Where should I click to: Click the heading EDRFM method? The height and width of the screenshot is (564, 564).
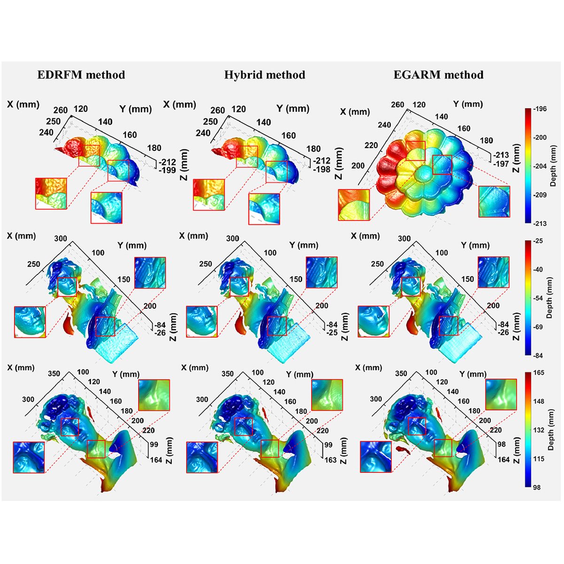(x=81, y=75)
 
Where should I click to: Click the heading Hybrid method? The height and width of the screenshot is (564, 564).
(x=265, y=75)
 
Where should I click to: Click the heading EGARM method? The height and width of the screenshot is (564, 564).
(x=438, y=75)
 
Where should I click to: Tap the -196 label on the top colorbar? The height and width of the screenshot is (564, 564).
(x=540, y=109)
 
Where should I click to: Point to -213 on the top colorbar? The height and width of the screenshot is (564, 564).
(x=540, y=224)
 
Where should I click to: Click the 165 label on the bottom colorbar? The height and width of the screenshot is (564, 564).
(x=539, y=373)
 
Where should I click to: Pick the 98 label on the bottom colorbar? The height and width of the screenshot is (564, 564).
(x=537, y=487)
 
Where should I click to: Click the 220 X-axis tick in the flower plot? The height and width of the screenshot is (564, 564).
(x=371, y=146)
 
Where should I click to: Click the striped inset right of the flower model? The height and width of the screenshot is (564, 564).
(x=494, y=202)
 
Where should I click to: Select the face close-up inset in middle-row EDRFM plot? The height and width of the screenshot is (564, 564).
(x=30, y=322)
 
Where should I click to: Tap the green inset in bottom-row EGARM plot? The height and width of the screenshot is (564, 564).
(x=501, y=395)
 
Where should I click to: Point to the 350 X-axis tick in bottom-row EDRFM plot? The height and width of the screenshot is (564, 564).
(x=54, y=374)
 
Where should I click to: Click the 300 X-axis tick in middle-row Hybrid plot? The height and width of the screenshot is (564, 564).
(x=232, y=239)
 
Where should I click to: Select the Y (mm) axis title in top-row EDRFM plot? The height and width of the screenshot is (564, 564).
(x=135, y=109)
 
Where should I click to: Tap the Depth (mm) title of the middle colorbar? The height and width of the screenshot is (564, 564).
(x=549, y=298)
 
